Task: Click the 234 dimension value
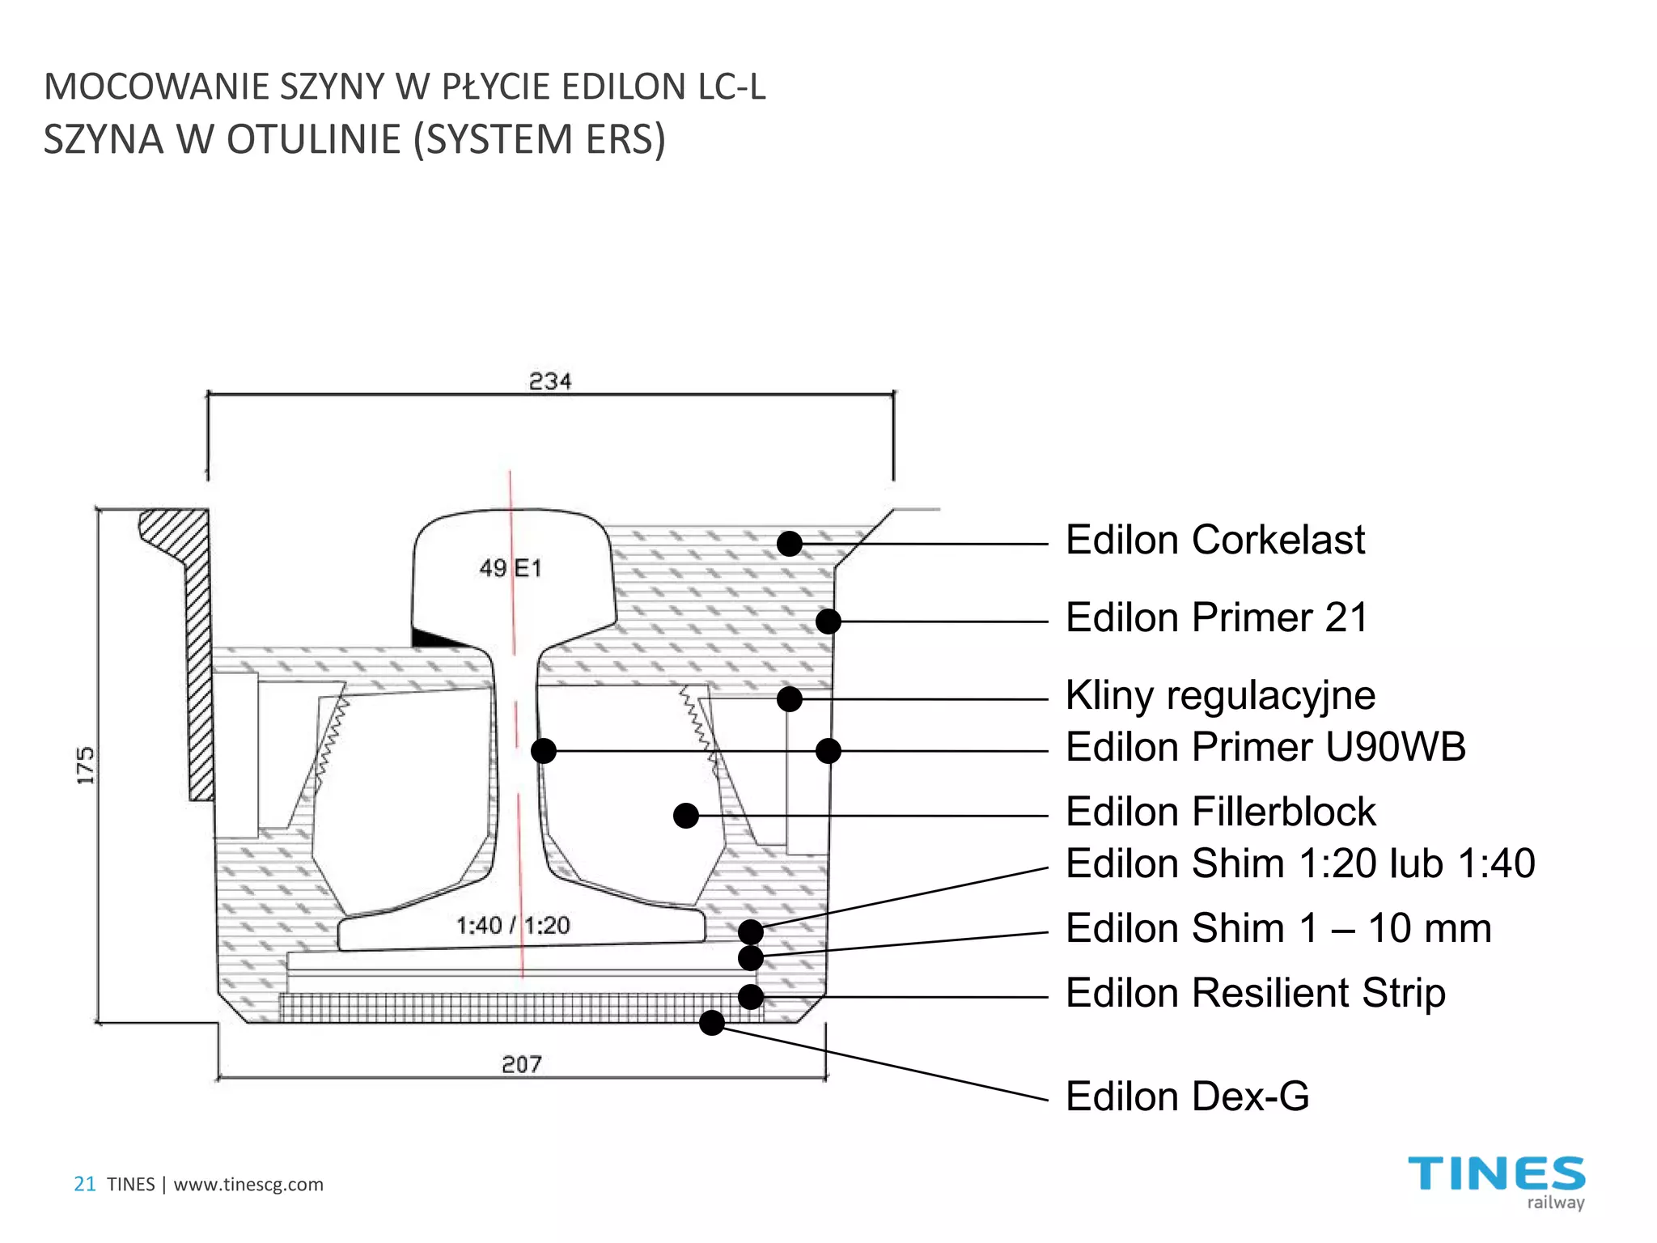(550, 381)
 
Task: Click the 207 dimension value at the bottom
(522, 1064)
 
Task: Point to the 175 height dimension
(85, 766)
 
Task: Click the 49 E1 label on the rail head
(510, 568)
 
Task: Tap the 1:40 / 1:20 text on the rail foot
(513, 925)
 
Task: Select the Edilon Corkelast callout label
(1214, 540)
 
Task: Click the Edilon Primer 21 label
(1216, 617)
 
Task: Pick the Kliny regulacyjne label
(1220, 696)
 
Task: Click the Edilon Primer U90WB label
(1265, 747)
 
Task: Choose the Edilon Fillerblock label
(1220, 812)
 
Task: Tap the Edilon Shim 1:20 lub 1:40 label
(1300, 863)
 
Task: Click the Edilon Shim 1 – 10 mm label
(1278, 928)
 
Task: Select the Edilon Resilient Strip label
(1255, 993)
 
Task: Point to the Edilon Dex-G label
(1187, 1097)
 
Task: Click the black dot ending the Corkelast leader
(790, 544)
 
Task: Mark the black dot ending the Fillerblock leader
(686, 816)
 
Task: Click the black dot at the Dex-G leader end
(712, 1023)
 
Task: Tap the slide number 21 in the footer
(85, 1185)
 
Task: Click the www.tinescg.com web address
(248, 1185)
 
